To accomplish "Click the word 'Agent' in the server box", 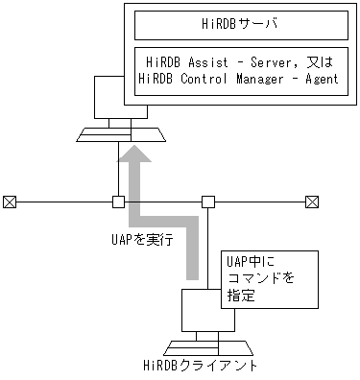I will click(x=316, y=79).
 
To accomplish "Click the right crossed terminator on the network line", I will click(x=310, y=202).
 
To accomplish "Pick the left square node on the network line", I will click(x=118, y=202).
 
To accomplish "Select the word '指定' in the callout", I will click(x=240, y=297).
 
